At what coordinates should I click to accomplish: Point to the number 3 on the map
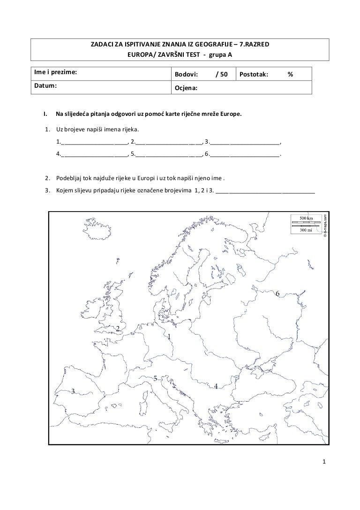pyautogui.click(x=73, y=392)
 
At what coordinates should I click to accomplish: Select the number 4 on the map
pyautogui.click(x=216, y=386)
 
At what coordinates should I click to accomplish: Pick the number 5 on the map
pyautogui.click(x=155, y=378)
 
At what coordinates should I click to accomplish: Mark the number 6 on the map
pyautogui.click(x=277, y=294)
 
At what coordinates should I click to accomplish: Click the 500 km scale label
pyautogui.click(x=307, y=219)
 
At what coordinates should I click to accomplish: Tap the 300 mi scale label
pyautogui.click(x=307, y=230)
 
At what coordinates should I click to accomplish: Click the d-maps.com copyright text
pyautogui.click(x=324, y=225)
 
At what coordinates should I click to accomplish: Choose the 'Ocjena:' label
pyautogui.click(x=186, y=88)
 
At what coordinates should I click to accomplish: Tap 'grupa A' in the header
pyautogui.click(x=220, y=54)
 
